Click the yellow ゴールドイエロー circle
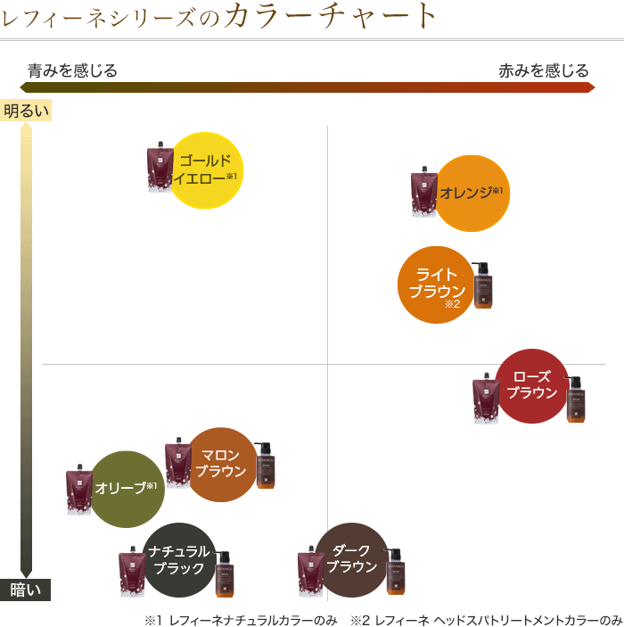click(206, 169)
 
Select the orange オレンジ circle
click(472, 193)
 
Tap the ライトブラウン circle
click(436, 285)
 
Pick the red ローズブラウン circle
click(532, 385)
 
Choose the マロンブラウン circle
click(220, 464)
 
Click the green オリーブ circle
click(127, 489)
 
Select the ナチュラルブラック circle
click(179, 559)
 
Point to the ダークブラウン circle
click(352, 559)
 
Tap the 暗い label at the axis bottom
click(26, 590)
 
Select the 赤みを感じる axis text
click(544, 70)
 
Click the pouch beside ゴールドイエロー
click(160, 167)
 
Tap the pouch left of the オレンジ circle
click(423, 193)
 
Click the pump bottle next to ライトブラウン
click(482, 285)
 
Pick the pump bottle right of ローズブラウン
click(576, 399)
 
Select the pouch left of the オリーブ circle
click(79, 490)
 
